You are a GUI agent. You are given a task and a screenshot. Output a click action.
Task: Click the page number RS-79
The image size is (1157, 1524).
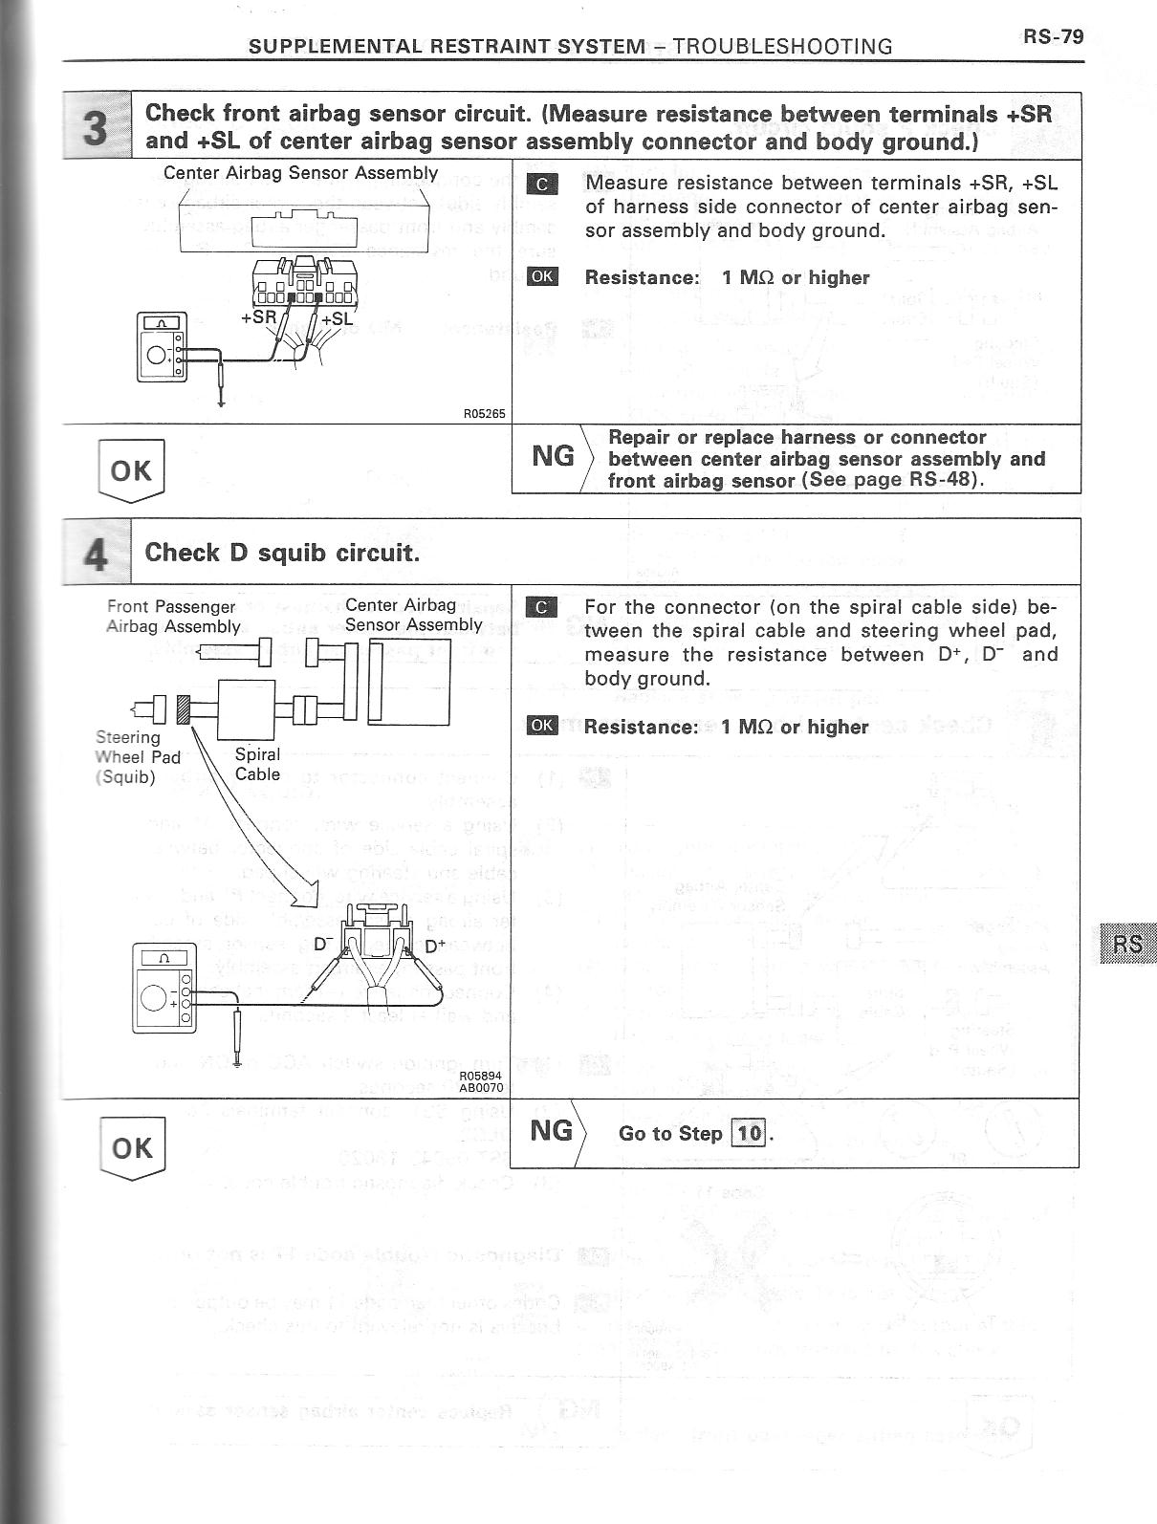(1054, 36)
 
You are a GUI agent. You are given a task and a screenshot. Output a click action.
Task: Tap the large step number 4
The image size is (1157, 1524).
(96, 554)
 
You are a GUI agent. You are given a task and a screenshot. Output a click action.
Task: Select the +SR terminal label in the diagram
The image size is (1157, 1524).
(258, 316)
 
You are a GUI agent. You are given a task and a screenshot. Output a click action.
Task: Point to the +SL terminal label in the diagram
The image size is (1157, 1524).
(338, 318)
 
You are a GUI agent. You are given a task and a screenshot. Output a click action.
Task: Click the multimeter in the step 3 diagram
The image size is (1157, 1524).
(163, 346)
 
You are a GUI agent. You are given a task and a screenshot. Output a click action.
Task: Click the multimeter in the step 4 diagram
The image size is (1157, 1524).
(164, 988)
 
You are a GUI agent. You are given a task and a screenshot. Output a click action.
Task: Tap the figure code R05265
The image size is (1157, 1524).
(484, 414)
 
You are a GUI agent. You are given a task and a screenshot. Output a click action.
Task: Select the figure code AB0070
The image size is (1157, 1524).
(481, 1087)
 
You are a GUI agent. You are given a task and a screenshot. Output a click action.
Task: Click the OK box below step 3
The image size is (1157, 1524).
(131, 469)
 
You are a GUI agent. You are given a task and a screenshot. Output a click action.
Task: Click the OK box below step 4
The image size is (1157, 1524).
(132, 1147)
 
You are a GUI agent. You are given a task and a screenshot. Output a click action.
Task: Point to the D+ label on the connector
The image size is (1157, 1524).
(435, 947)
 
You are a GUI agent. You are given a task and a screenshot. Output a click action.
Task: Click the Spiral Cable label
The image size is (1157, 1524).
(257, 764)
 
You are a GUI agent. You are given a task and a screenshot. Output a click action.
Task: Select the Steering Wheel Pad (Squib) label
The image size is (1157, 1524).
(138, 756)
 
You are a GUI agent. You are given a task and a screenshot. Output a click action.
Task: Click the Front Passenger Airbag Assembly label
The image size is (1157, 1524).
(172, 617)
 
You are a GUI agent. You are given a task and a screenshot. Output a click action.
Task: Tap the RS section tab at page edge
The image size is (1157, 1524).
(1127, 944)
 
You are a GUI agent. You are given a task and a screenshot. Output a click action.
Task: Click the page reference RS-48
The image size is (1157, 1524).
(947, 479)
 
